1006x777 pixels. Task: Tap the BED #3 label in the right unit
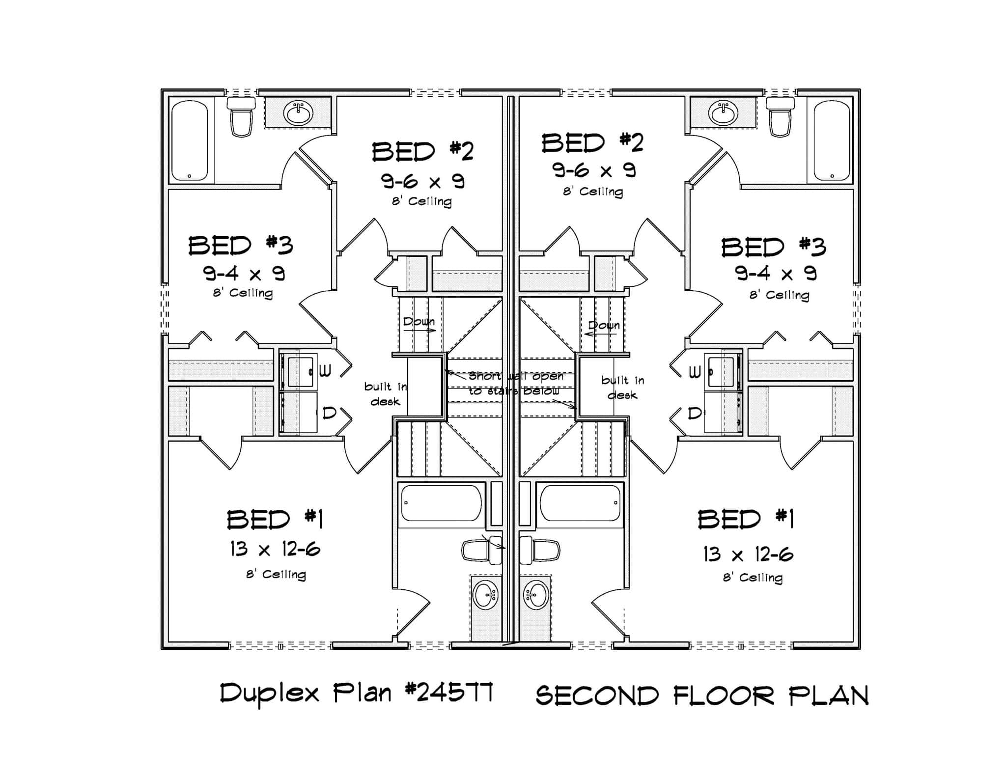coord(773,247)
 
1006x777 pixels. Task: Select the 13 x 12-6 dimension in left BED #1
coord(275,549)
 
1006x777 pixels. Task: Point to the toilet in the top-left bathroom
coord(241,118)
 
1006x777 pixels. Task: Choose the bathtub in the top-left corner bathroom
coord(190,141)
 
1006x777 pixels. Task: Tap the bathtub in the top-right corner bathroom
coord(832,141)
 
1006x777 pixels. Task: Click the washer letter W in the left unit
coord(326,371)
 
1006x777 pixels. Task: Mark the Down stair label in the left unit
coord(419,322)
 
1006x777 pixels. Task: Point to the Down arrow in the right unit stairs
coord(600,333)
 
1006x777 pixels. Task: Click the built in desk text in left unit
coord(385,394)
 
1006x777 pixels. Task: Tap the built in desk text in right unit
coord(622,388)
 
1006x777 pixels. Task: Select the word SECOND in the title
coord(597,696)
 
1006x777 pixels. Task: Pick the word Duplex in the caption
coord(270,694)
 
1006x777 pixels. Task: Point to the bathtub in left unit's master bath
coord(441,503)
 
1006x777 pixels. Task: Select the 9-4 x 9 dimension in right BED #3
coord(776,273)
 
